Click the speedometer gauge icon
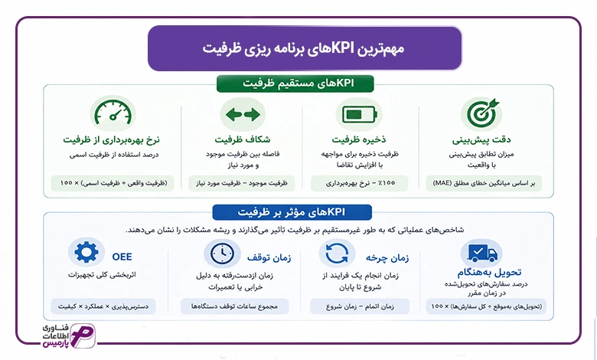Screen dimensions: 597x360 pyautogui.click(x=113, y=113)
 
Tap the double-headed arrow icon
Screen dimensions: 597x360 pyautogui.click(x=243, y=114)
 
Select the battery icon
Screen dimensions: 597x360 pyautogui.click(x=360, y=114)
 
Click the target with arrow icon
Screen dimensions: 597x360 pyautogui.click(x=482, y=113)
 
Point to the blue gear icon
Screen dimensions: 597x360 pyautogui.click(x=86, y=252)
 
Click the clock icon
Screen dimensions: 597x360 pyautogui.click(x=223, y=254)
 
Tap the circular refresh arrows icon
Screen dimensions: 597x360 pyautogui.click(x=337, y=254)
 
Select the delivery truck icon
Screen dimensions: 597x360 pyautogui.click(x=481, y=254)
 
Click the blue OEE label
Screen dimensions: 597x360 pyautogui.click(x=122, y=257)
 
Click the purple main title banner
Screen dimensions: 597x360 pyautogui.click(x=305, y=48)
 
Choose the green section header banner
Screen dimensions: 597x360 pyautogui.click(x=295, y=83)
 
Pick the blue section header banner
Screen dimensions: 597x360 pyautogui.click(x=292, y=212)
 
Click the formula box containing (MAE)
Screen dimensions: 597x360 pyautogui.click(x=484, y=183)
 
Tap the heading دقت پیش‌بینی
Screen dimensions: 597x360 pyautogui.click(x=481, y=140)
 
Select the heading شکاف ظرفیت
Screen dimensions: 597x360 pyautogui.click(x=243, y=139)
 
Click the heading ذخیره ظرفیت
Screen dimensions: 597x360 pyautogui.click(x=359, y=139)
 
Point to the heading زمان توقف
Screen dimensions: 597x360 pyautogui.click(x=269, y=258)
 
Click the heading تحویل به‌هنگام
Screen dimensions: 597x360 pyautogui.click(x=489, y=273)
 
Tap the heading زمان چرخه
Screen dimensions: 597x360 pyautogui.click(x=387, y=258)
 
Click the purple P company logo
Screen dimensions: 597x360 pyautogui.click(x=83, y=335)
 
